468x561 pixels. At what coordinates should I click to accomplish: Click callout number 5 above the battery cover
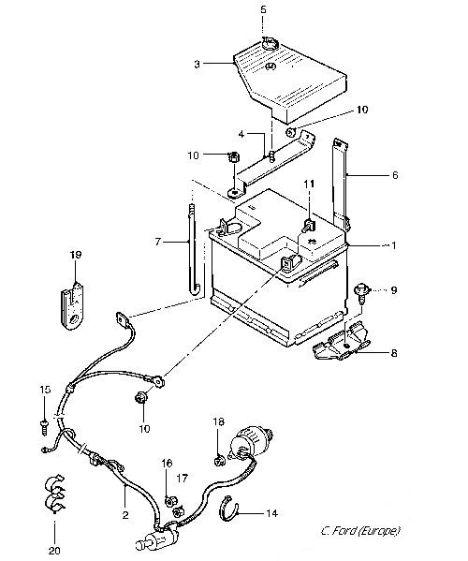pyautogui.click(x=263, y=9)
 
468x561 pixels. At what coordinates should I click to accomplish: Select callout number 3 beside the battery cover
pyautogui.click(x=197, y=65)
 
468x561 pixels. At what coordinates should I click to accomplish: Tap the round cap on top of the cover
pyautogui.click(x=270, y=44)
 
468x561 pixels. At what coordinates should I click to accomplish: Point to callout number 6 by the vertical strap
pyautogui.click(x=395, y=175)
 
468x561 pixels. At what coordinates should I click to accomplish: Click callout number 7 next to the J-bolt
pyautogui.click(x=157, y=243)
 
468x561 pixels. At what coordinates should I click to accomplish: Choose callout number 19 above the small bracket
pyautogui.click(x=76, y=255)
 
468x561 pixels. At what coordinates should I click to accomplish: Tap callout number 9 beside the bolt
pyautogui.click(x=394, y=289)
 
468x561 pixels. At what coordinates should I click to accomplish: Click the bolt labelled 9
pyautogui.click(x=360, y=293)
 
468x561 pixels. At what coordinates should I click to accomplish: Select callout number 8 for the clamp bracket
pyautogui.click(x=394, y=353)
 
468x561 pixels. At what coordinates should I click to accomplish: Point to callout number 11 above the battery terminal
pyautogui.click(x=309, y=184)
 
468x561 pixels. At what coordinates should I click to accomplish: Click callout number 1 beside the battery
pyautogui.click(x=394, y=245)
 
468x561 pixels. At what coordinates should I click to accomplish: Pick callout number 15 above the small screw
pyautogui.click(x=45, y=390)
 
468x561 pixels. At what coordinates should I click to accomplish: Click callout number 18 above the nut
pyautogui.click(x=219, y=421)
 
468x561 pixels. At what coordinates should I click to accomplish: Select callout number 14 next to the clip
pyautogui.click(x=271, y=513)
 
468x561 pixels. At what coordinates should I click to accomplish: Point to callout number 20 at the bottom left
pyautogui.click(x=54, y=550)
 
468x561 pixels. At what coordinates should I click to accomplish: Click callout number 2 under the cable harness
pyautogui.click(x=125, y=515)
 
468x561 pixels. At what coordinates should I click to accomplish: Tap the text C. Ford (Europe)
pyautogui.click(x=360, y=531)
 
